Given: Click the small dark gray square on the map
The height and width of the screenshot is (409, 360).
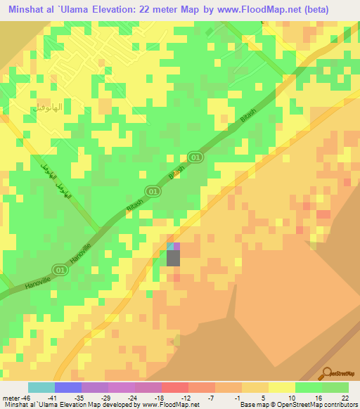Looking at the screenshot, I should [x=173, y=258].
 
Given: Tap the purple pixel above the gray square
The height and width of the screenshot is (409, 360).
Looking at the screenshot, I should [x=176, y=246].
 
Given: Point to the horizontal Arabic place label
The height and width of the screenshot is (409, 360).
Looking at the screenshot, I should [x=49, y=108].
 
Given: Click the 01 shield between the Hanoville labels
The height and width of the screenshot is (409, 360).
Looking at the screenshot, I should [x=61, y=269].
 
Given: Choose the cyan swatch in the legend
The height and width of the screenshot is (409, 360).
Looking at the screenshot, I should [x=41, y=387].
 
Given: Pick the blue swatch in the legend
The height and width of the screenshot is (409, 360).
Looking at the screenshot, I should [x=68, y=387].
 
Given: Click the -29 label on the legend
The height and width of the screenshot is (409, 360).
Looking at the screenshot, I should [x=96, y=397].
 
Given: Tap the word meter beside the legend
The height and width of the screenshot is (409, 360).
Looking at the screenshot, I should [x=9, y=397].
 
